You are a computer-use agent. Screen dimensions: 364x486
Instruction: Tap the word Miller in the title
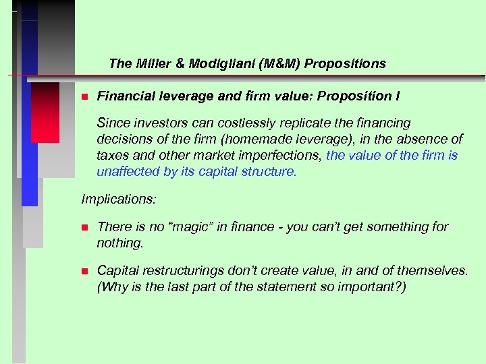pyautogui.click(x=151, y=64)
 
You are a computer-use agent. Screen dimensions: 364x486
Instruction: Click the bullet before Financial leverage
pyautogui.click(x=84, y=97)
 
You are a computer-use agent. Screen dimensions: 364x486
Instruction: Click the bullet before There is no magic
pyautogui.click(x=84, y=227)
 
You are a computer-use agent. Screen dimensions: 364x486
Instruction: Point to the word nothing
pyautogui.click(x=119, y=243)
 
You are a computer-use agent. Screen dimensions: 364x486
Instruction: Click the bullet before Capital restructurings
pyautogui.click(x=84, y=271)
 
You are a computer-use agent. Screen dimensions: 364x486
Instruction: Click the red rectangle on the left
pyautogui.click(x=45, y=113)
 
